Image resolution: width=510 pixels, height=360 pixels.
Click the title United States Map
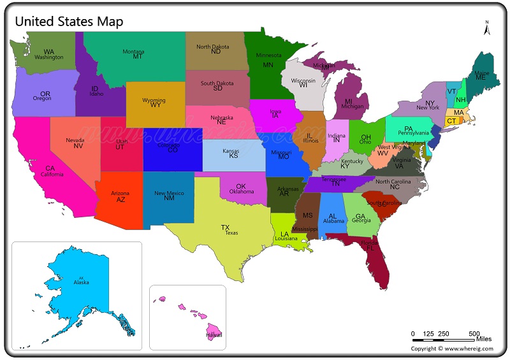click(69, 21)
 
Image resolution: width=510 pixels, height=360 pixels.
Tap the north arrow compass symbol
click(486, 28)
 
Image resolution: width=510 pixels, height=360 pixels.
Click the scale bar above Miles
click(443, 340)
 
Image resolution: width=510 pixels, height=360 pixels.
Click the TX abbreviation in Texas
click(225, 227)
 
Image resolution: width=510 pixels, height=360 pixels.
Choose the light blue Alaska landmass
click(76, 287)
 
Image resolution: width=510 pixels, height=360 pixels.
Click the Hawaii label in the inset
click(214, 334)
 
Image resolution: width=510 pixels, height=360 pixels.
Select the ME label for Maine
click(481, 77)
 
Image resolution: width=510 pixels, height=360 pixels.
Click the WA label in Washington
click(48, 52)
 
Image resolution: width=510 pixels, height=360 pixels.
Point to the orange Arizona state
click(120, 204)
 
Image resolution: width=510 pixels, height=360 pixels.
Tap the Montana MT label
click(138, 56)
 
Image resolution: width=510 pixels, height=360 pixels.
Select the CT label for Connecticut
click(451, 121)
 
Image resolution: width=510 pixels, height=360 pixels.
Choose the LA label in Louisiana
click(284, 234)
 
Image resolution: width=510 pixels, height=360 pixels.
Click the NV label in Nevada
click(78, 146)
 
